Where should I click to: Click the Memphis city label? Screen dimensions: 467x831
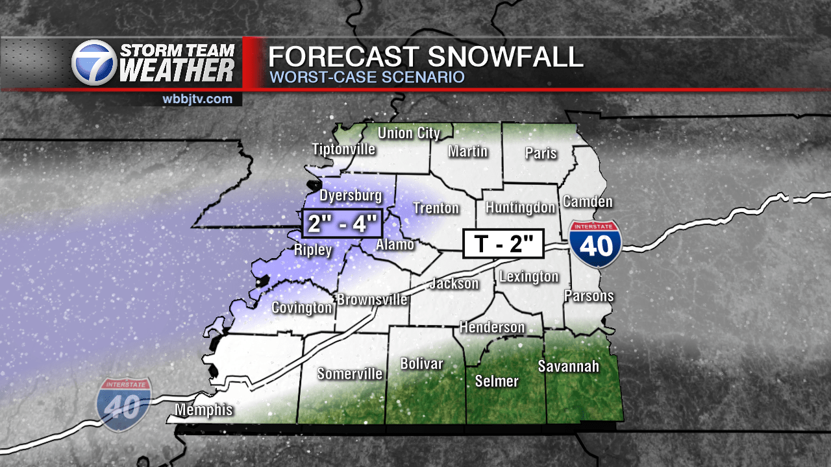coord(204,410)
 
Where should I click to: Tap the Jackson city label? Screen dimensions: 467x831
coord(454,283)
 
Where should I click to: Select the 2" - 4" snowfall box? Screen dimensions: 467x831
coord(342,225)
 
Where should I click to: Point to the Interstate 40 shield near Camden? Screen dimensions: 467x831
coord(596,244)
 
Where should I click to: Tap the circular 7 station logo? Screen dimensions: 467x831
coord(94,63)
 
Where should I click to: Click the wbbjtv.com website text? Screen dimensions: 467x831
coord(197,99)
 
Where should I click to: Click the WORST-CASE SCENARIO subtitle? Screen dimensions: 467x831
coord(367,77)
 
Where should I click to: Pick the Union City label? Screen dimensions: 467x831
coord(409,134)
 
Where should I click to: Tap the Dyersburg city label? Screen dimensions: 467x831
coord(351,195)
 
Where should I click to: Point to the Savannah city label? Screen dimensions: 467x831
coord(568,366)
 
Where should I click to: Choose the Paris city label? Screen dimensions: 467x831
coord(541,153)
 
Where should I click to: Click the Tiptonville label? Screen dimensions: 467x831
coord(343,149)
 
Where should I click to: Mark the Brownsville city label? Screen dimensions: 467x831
coord(371,300)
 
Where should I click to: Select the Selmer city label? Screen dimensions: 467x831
coord(497,381)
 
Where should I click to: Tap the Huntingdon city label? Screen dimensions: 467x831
coord(521,208)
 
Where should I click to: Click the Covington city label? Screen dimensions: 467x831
coord(301,307)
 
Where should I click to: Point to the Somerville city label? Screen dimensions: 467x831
coord(349,374)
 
